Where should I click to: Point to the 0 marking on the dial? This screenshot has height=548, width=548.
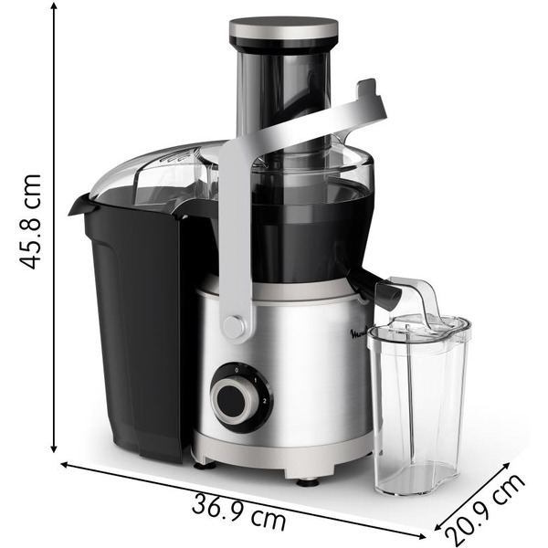[x=237, y=369]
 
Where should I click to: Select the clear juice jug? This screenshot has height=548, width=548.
[x=417, y=402]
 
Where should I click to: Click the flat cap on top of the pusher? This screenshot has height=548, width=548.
[x=283, y=28]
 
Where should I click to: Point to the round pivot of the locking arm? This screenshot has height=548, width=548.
[x=235, y=326]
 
